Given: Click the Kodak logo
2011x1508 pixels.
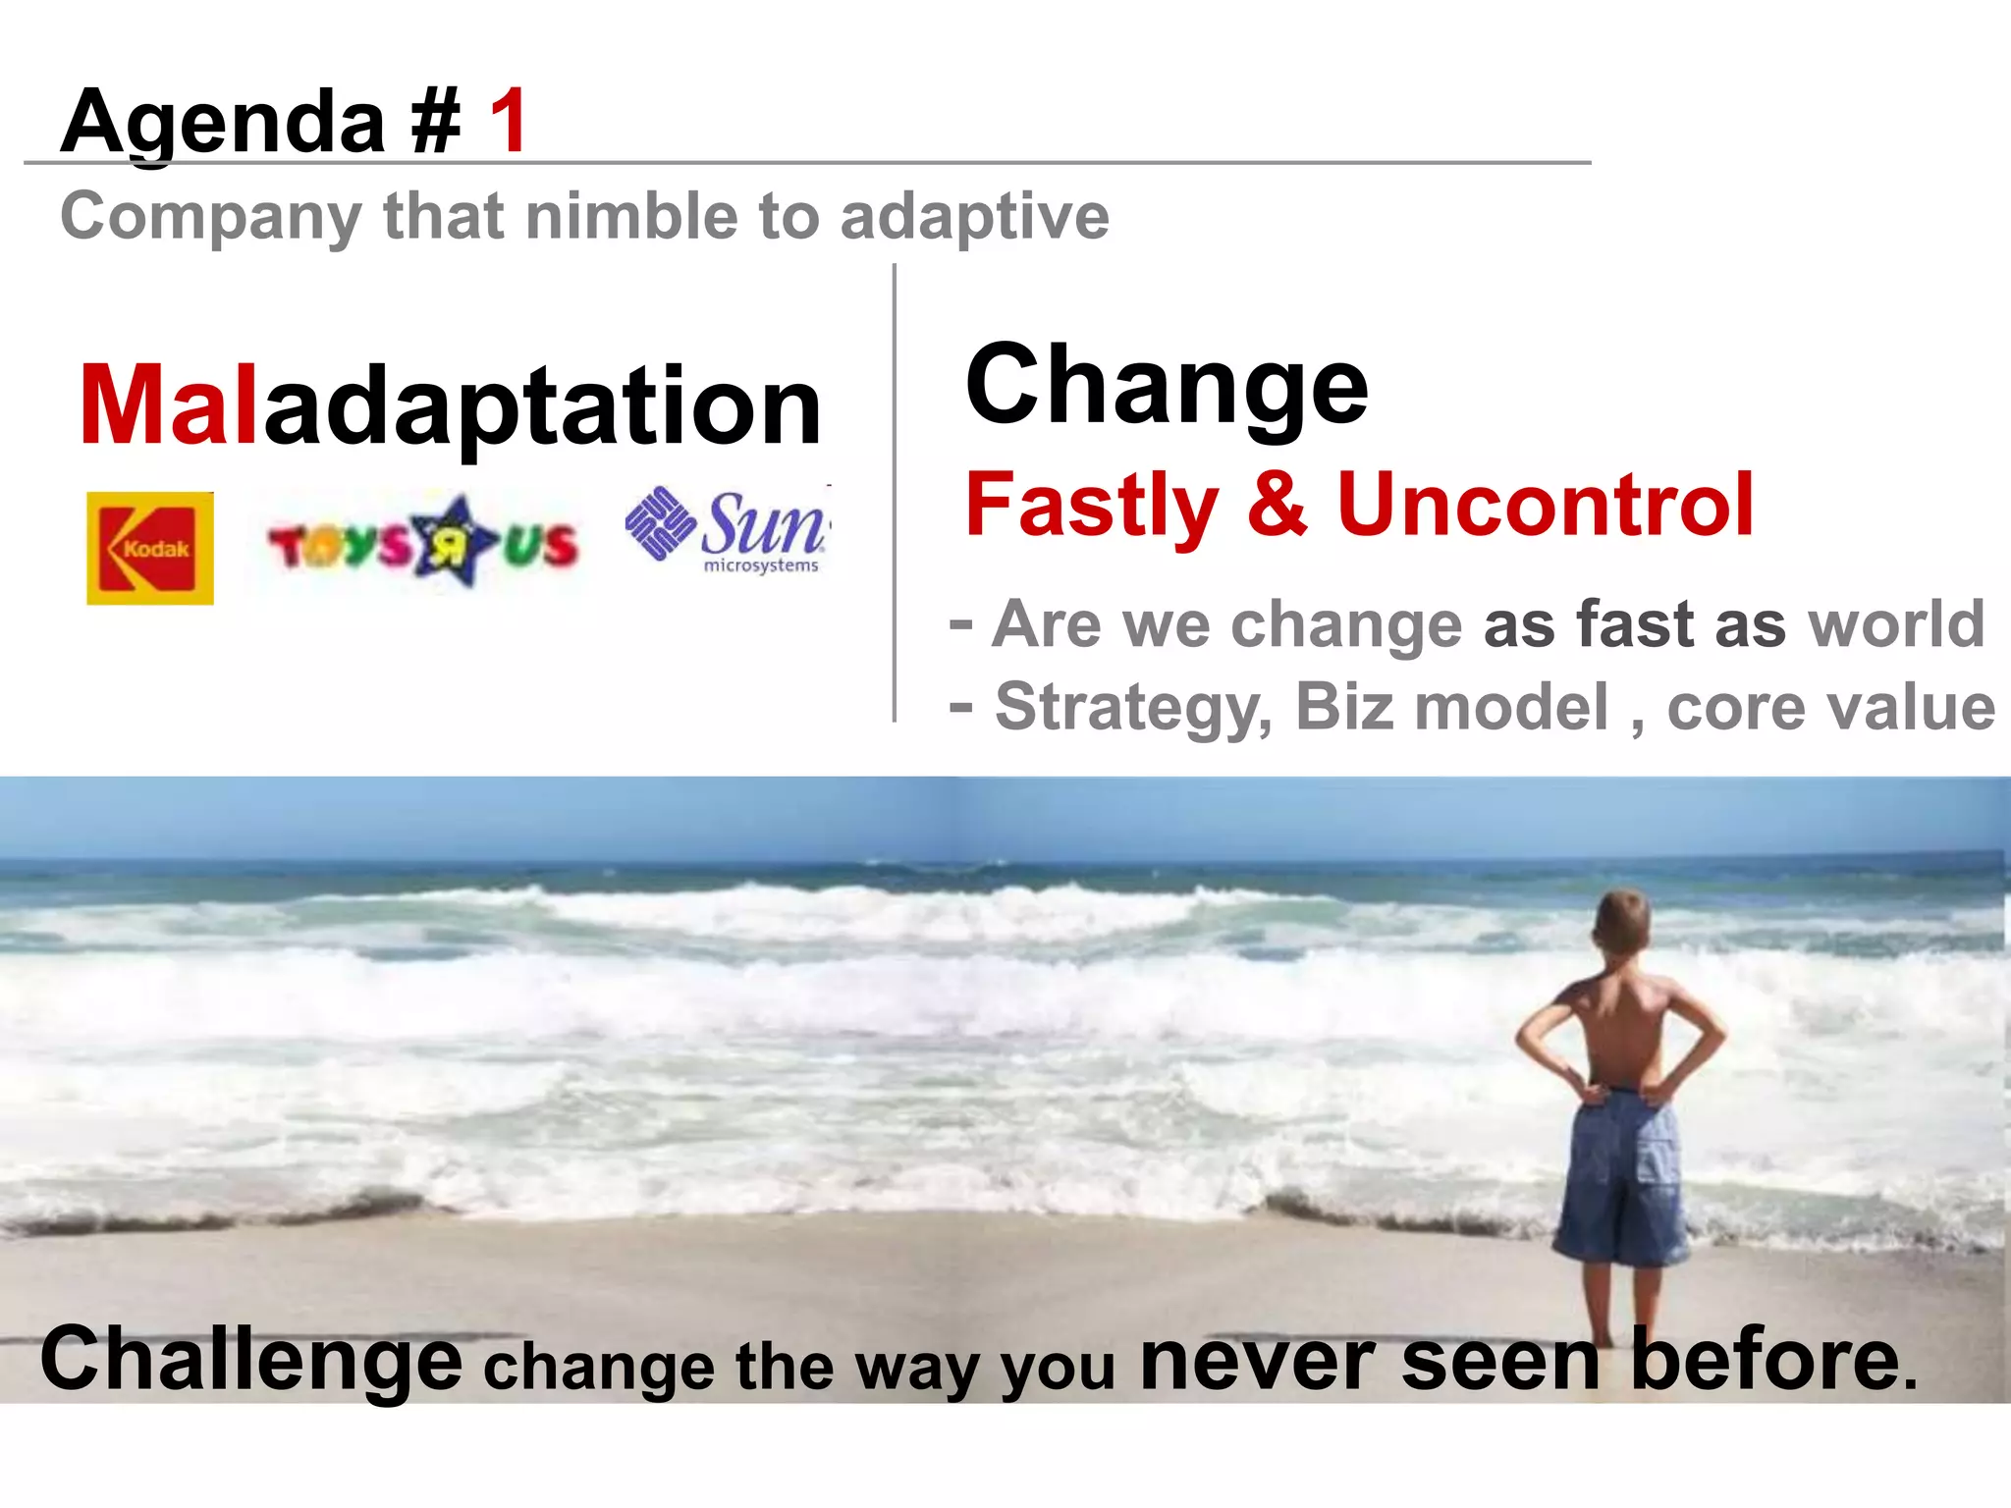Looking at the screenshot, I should coord(150,548).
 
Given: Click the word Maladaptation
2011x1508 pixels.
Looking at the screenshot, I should coord(450,405).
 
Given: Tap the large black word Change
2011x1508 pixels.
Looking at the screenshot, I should coord(1167,386).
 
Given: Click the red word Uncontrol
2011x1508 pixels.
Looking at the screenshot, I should coord(1545,506).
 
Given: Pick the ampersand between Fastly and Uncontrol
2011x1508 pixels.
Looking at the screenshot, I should coord(1277,506).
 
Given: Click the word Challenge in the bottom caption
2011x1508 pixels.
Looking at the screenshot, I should coord(251,1361).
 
